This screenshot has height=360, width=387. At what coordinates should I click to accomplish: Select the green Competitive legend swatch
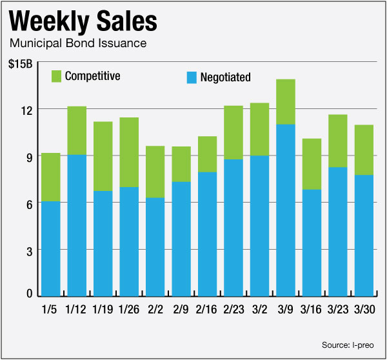(57, 76)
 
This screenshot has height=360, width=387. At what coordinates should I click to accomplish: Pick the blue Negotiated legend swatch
(192, 77)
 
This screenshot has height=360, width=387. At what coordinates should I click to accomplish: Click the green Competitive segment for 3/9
(286, 101)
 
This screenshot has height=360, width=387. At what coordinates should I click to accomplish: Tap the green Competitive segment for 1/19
(103, 156)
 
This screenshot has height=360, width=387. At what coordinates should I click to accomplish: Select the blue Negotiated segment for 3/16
(312, 242)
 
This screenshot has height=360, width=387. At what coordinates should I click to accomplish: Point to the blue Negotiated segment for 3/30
(364, 235)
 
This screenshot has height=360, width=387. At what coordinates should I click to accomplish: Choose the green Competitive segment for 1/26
(129, 152)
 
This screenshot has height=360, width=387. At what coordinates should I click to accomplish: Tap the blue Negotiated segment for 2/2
(155, 246)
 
